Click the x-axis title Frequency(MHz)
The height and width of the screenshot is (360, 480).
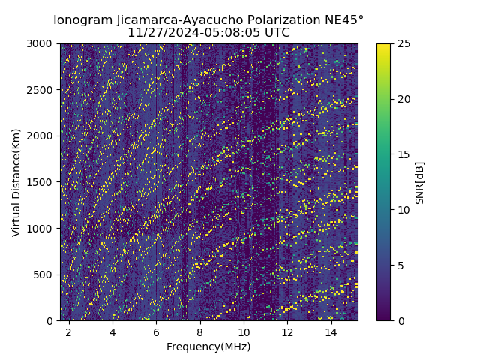click(208, 346)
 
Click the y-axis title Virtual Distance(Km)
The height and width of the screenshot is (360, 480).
click(16, 182)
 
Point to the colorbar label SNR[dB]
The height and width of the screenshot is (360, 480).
click(420, 182)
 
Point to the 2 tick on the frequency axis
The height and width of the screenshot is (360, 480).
click(69, 331)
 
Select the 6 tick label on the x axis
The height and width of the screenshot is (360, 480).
click(156, 331)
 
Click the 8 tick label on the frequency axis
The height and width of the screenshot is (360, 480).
click(200, 331)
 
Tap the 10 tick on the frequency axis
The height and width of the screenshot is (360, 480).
click(244, 331)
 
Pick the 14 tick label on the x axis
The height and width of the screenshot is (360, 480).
click(331, 331)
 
